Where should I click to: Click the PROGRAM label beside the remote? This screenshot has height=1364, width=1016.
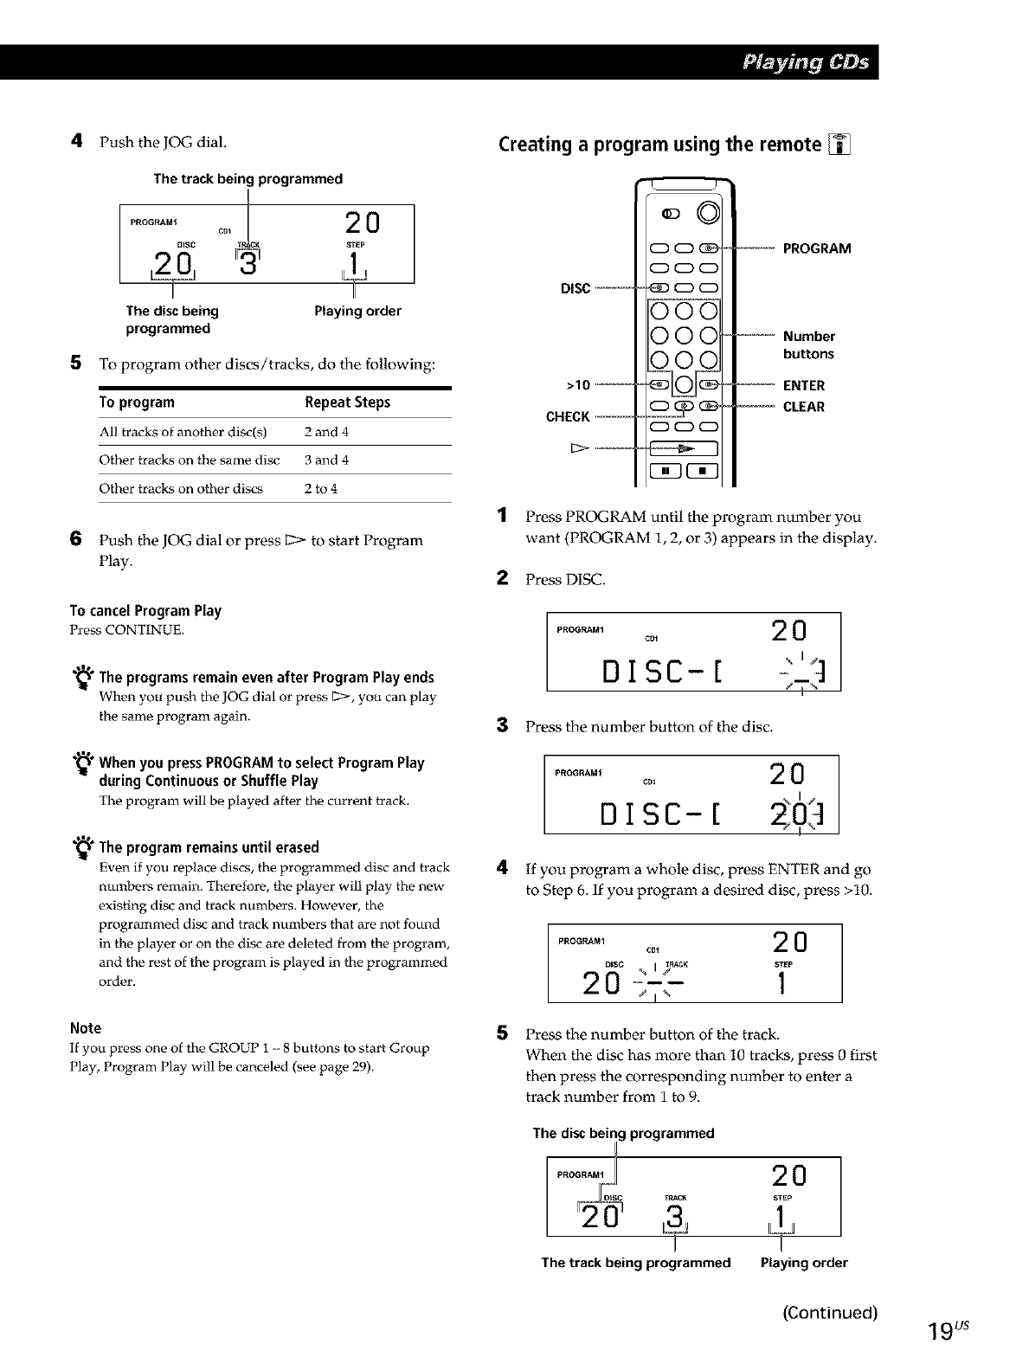[x=816, y=249]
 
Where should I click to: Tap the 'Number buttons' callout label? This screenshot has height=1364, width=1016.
[x=808, y=345]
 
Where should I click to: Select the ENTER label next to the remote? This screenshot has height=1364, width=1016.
[x=804, y=386]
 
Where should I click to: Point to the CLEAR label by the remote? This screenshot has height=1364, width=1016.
[x=804, y=407]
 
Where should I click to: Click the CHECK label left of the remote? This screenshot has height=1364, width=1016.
[x=568, y=417]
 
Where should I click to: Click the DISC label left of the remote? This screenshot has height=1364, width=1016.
[x=576, y=288]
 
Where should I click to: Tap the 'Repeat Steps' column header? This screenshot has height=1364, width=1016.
[x=347, y=402]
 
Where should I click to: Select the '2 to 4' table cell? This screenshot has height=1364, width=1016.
[x=320, y=489]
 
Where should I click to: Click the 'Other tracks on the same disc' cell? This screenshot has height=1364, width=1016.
[x=189, y=460]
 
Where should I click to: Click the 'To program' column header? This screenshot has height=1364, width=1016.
[x=137, y=402]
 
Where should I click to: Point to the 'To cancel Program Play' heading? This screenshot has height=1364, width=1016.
[x=145, y=611]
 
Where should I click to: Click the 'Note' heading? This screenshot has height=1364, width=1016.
[x=85, y=1028]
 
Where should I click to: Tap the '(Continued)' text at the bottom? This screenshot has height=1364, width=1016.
[x=830, y=1313]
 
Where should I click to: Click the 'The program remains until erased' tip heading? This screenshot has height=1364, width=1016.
[x=209, y=847]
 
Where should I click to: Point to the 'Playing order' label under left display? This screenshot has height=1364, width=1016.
[x=357, y=311]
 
